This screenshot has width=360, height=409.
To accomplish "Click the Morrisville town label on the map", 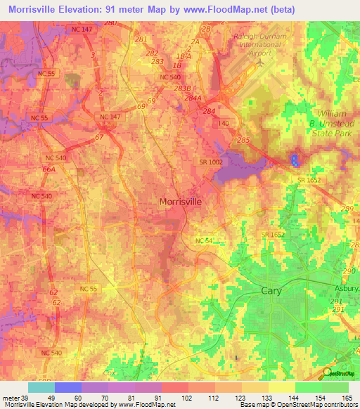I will click(x=181, y=202).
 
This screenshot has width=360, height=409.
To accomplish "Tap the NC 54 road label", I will click(x=204, y=241).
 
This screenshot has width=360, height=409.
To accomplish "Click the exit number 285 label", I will click(x=243, y=141).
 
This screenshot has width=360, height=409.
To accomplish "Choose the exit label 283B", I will click(x=182, y=88).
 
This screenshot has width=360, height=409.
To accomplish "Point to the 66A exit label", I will click(x=49, y=169).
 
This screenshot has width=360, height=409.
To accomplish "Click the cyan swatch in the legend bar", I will click(x=41, y=387).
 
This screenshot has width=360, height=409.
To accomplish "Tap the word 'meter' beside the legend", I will click(x=10, y=398).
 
